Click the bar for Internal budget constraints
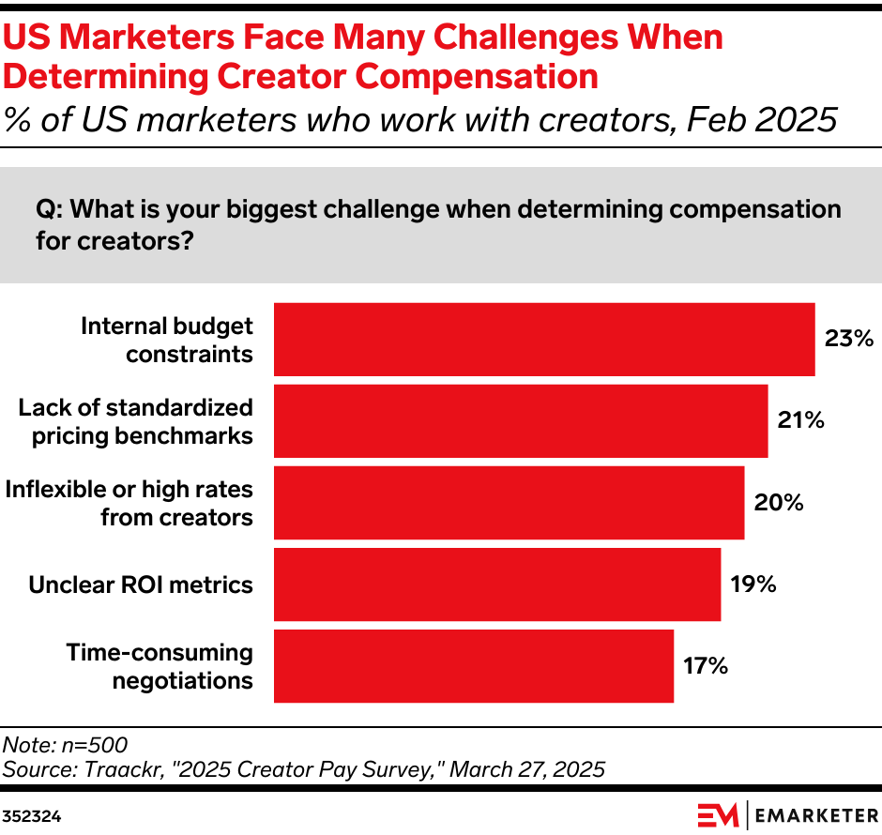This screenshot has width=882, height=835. pyautogui.click(x=543, y=340)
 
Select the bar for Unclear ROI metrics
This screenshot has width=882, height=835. pyautogui.click(x=496, y=584)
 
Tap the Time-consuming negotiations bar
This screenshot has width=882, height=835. pyautogui.click(x=473, y=666)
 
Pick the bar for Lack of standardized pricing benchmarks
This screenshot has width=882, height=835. pyautogui.click(x=520, y=421)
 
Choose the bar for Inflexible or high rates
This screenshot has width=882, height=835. pyautogui.click(x=508, y=503)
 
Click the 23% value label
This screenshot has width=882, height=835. pyautogui.click(x=848, y=339)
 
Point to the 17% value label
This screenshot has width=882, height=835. pyautogui.click(x=706, y=666)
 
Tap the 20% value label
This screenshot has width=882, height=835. pyautogui.click(x=778, y=503)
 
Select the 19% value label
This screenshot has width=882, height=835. pyautogui.click(x=753, y=584)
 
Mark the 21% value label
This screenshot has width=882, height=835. pyautogui.click(x=800, y=421)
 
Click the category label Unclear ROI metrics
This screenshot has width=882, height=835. pyautogui.click(x=141, y=584)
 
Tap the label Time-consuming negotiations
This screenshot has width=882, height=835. pyautogui.click(x=160, y=666)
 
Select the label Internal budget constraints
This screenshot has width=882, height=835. pyautogui.click(x=167, y=340)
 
